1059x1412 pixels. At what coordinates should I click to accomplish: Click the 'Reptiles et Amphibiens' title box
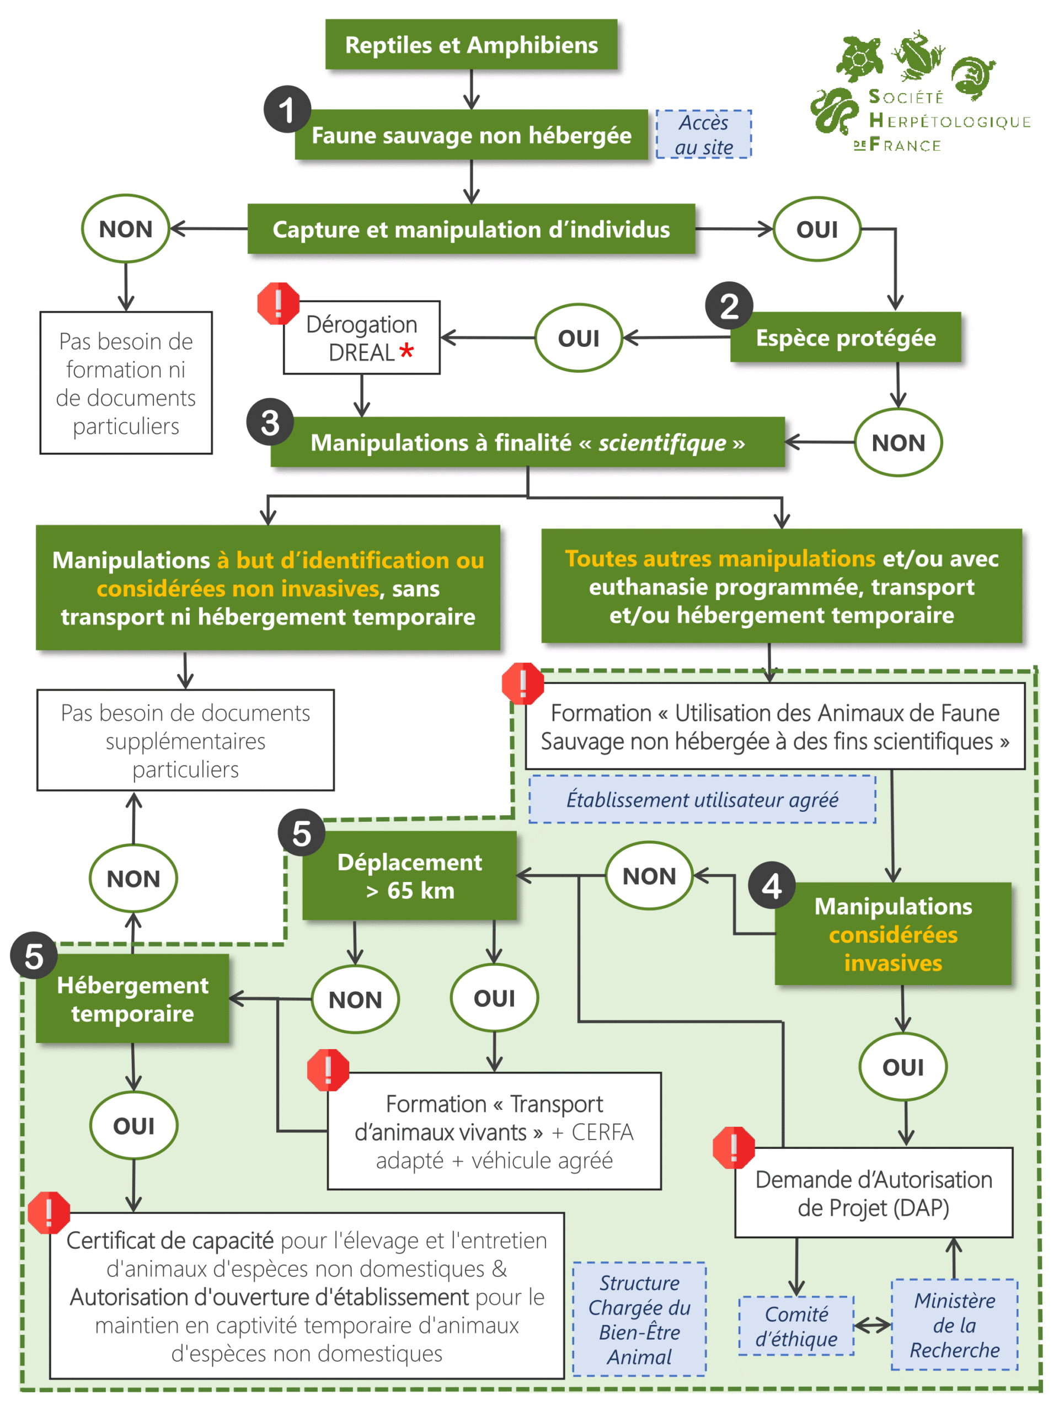471,44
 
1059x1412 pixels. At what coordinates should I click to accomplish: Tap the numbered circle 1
287,109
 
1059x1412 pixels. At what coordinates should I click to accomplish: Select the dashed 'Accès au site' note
703,134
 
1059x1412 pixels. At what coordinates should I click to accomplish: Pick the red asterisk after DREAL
406,350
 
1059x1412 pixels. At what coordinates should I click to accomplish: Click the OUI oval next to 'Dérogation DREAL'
579,338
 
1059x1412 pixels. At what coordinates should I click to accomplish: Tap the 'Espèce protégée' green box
845,338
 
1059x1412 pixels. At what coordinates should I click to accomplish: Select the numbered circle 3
270,422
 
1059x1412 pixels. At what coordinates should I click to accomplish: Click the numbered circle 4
771,885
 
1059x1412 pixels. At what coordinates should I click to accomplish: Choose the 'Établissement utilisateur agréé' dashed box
702,799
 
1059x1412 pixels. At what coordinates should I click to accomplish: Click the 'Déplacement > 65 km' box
409,876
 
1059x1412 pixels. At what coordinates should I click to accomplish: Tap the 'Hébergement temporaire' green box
132,999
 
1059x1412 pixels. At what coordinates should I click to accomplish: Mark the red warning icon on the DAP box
734,1147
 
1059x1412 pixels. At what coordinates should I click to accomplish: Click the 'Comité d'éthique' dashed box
796,1326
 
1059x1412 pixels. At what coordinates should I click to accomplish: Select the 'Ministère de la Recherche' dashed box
954,1324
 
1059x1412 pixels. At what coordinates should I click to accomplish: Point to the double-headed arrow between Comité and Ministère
873,1326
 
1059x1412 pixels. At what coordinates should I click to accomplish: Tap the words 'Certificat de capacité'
170,1240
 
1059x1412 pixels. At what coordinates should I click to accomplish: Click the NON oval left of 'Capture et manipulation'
125,228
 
